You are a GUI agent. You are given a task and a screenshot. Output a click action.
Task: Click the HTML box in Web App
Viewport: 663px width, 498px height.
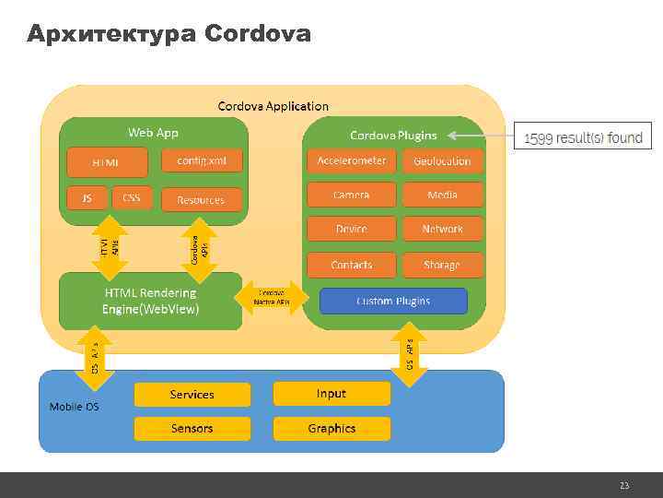(105, 163)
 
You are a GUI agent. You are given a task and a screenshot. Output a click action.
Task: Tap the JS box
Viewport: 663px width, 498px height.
(87, 198)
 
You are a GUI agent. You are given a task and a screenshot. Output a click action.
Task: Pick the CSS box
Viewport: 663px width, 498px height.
(132, 198)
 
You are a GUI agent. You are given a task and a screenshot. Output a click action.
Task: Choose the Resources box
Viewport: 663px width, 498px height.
(201, 199)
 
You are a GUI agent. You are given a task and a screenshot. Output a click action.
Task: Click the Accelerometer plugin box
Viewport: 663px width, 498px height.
(352, 160)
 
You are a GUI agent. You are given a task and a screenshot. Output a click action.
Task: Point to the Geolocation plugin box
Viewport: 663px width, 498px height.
(442, 160)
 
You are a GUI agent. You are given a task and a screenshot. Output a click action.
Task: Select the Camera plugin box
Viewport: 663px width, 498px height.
(352, 195)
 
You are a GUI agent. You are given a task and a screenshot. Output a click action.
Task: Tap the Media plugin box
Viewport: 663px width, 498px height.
(442, 195)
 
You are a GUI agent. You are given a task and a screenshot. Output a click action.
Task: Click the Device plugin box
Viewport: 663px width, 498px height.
(352, 229)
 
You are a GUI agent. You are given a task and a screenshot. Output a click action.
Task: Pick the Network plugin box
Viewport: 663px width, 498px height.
(442, 229)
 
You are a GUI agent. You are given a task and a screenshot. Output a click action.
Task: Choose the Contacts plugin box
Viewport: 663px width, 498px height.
(352, 265)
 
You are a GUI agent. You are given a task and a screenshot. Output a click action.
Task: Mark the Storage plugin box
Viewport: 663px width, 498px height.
(442, 265)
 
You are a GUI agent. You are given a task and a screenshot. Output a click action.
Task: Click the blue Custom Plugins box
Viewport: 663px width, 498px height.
(393, 301)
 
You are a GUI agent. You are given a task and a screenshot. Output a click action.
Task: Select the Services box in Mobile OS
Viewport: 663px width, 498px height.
(192, 395)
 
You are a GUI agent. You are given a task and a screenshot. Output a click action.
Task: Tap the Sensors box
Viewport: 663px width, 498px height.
(192, 428)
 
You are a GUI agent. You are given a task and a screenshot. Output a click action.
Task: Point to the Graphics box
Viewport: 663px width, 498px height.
(331, 428)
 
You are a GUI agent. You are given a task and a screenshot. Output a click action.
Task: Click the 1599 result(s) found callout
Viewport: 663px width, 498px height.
(583, 138)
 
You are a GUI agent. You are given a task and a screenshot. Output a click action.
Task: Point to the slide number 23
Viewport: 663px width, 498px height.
(624, 485)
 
